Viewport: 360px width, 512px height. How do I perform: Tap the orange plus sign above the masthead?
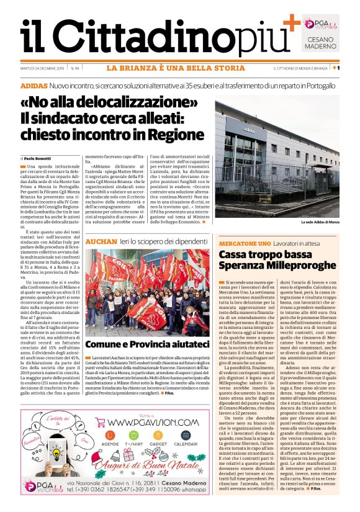pos(290,24)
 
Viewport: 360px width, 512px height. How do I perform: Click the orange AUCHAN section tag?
pos(98,240)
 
